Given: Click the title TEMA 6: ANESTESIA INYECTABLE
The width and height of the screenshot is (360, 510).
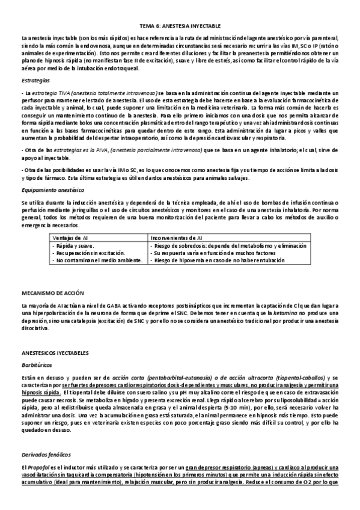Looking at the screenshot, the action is (180, 27).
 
